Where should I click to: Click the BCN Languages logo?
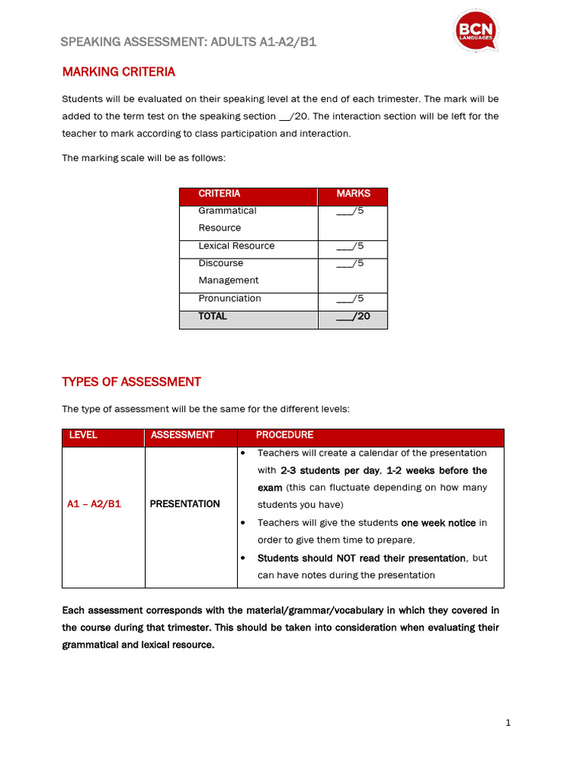[x=476, y=32]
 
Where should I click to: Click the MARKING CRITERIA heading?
[x=118, y=72]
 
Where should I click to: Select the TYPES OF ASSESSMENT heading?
[x=131, y=382]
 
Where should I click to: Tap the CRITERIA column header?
[x=219, y=193]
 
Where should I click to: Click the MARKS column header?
[x=353, y=193]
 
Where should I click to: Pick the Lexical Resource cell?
[x=236, y=246]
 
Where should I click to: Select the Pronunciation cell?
[x=230, y=299]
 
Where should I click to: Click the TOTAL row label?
[x=212, y=317]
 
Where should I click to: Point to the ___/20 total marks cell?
[x=353, y=317]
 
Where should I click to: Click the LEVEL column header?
[x=83, y=435]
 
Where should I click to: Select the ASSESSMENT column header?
[x=182, y=435]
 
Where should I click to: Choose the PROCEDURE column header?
[x=284, y=435]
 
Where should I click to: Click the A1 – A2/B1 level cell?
[x=94, y=504]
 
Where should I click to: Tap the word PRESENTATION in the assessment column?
[x=185, y=504]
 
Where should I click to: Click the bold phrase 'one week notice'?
[x=439, y=522]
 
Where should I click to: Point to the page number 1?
[x=508, y=723]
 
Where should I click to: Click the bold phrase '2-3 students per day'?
[x=330, y=470]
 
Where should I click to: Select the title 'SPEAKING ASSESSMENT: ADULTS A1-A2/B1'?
[x=188, y=42]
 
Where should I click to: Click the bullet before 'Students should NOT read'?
[x=243, y=558]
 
